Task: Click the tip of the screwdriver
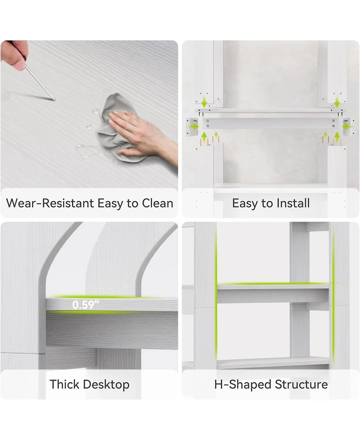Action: [x=54, y=100]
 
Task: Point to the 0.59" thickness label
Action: [x=85, y=305]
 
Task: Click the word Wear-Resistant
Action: [x=50, y=203]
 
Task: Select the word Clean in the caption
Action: [x=157, y=203]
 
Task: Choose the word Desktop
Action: [x=105, y=385]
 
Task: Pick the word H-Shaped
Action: [x=243, y=385]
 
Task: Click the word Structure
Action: [x=301, y=384]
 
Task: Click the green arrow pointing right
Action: [x=194, y=127]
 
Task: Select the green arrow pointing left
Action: [x=348, y=127]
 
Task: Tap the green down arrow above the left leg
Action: [x=204, y=102]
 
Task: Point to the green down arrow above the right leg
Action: [x=337, y=102]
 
